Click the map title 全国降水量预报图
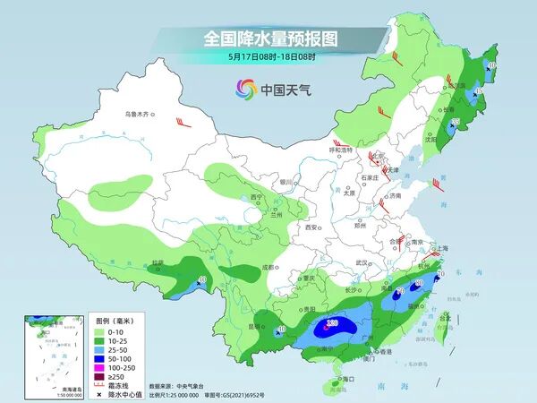click(268, 39)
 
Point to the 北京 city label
click(379, 155)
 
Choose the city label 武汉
click(362, 262)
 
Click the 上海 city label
click(440, 248)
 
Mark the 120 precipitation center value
click(332, 322)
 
